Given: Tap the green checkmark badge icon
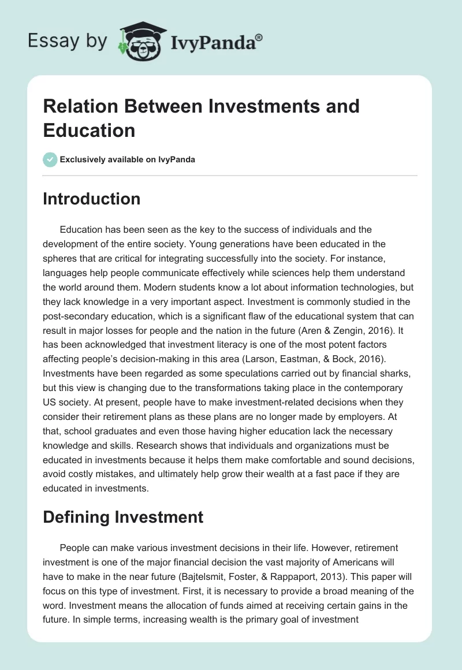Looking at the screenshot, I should pos(50,159).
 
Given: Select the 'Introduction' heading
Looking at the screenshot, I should pos(91,199).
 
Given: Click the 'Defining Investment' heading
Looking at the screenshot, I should pos(123,516).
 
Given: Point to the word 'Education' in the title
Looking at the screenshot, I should pos(89,130).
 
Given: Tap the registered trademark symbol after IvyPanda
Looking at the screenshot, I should pos(259,37).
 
